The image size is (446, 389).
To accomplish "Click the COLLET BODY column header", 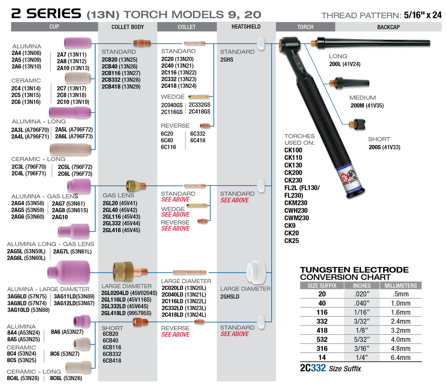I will (x=127, y=27).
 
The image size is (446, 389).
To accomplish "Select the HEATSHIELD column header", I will (x=246, y=27).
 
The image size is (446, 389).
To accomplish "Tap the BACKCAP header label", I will (x=388, y=27).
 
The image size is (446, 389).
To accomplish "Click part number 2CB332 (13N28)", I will (x=121, y=80).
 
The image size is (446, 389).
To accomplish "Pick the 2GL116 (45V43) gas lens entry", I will (x=121, y=217).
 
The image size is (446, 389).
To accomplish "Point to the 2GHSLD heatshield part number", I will (x=230, y=296).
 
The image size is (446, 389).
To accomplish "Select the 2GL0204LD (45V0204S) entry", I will (x=129, y=293).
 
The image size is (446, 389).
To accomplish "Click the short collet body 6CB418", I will (x=112, y=360).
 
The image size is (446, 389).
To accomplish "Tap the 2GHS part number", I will (x=227, y=59).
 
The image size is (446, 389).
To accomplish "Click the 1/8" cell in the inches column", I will (x=361, y=330).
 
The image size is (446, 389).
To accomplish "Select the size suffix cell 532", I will (x=322, y=339).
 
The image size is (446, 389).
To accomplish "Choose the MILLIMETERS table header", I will (x=401, y=286).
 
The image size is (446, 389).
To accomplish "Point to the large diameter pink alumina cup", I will (x=69, y=272).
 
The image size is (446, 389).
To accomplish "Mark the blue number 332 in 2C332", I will (x=319, y=368).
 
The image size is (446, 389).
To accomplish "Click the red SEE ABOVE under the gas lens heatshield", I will (x=235, y=200).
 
